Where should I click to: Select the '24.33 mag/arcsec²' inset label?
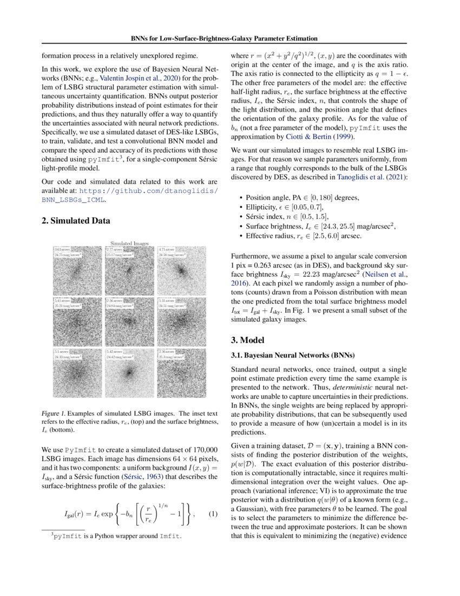(68, 357)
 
